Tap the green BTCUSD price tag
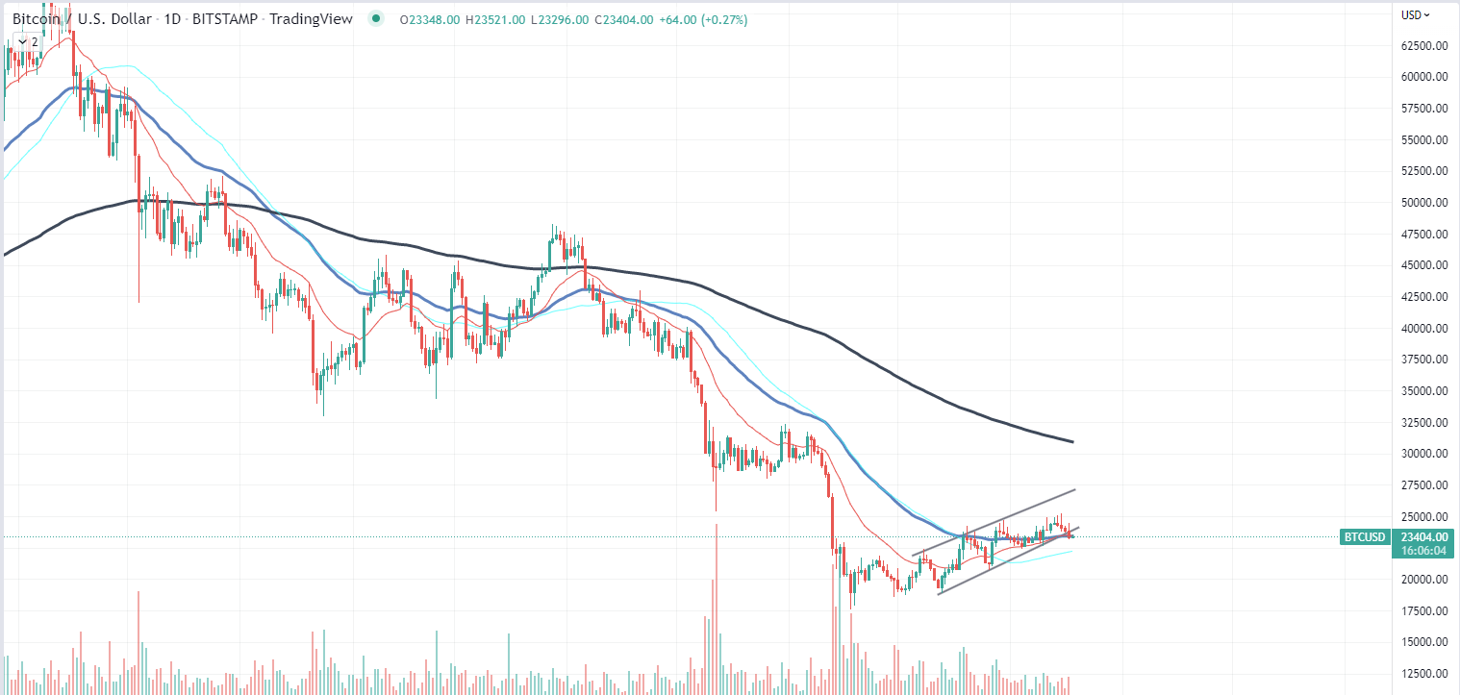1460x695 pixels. [1364, 536]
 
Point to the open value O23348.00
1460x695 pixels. [431, 19]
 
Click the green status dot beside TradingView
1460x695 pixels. [375, 18]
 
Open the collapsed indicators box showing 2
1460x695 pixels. [28, 41]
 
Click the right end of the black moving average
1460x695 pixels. [1072, 441]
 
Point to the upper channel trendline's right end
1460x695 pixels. [1074, 489]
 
